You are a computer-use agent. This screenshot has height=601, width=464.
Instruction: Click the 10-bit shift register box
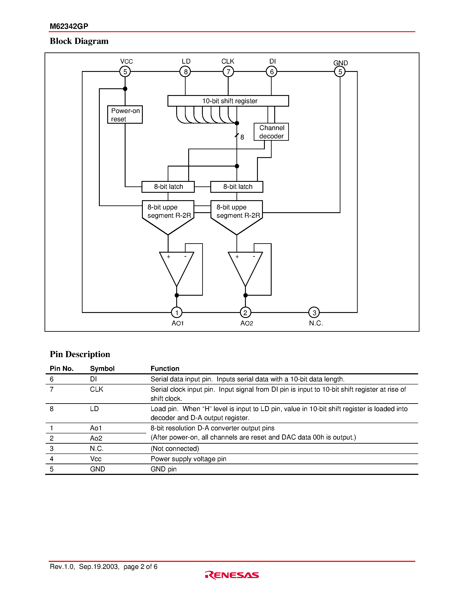[228, 101]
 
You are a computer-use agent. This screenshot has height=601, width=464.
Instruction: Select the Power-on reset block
[125, 115]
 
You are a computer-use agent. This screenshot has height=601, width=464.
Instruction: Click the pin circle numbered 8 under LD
[185, 71]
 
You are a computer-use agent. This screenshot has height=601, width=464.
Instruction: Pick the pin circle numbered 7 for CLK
[228, 71]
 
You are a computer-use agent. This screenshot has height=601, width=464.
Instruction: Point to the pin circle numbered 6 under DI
[272, 71]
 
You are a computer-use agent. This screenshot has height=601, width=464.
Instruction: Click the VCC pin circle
[125, 71]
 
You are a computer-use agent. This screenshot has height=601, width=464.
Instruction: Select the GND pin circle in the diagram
[340, 71]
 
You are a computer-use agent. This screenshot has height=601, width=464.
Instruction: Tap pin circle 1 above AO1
[177, 312]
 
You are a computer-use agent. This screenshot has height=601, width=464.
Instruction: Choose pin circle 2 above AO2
[245, 312]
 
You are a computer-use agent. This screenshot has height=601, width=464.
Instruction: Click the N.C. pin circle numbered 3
[314, 312]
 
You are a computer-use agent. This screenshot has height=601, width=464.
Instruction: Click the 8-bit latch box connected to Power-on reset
[168, 187]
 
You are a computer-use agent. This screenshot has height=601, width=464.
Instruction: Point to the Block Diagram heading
[79, 41]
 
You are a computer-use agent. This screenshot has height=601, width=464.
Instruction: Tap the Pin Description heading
[80, 354]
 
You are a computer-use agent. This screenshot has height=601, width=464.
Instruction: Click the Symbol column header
[102, 368]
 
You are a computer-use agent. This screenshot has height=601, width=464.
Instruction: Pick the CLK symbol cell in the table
[97, 389]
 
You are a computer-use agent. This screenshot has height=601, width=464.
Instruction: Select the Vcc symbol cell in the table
[96, 459]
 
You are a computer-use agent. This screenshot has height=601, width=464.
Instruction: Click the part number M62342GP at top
[69, 26]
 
